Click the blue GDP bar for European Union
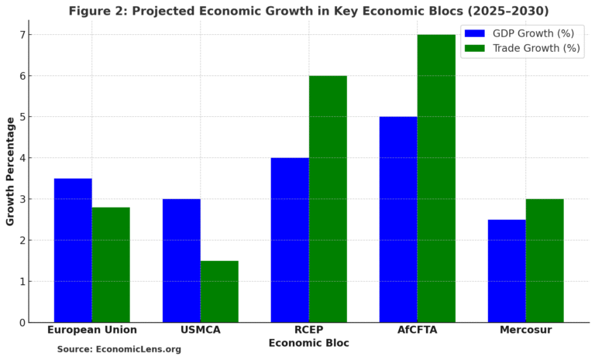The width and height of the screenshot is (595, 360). pyautogui.click(x=73, y=250)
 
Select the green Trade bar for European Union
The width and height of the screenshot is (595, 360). pyautogui.click(x=111, y=265)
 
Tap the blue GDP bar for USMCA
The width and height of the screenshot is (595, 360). pyautogui.click(x=181, y=260)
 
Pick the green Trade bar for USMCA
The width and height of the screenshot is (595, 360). pyautogui.click(x=219, y=291)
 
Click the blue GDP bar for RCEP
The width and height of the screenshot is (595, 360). pyautogui.click(x=290, y=240)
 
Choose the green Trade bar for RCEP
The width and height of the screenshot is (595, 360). pyautogui.click(x=328, y=199)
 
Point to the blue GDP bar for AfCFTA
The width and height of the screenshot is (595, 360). pyautogui.click(x=398, y=219)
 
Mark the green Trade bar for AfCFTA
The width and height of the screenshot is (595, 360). pyautogui.click(x=436, y=178)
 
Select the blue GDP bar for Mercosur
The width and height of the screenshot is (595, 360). pyautogui.click(x=507, y=271)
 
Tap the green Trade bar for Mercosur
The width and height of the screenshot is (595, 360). pyautogui.click(x=545, y=260)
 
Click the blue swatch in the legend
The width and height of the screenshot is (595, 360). pyautogui.click(x=474, y=33)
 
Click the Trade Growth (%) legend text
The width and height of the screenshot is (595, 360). pyautogui.click(x=536, y=48)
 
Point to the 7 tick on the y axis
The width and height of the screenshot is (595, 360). pyautogui.click(x=23, y=35)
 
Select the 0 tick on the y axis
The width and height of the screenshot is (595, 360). pyautogui.click(x=23, y=323)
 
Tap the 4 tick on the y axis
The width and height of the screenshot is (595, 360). pyautogui.click(x=23, y=158)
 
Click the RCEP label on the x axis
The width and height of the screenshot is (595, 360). pyautogui.click(x=308, y=330)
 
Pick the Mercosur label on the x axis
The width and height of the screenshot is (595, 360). pyautogui.click(x=525, y=330)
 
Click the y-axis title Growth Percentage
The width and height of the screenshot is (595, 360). pyautogui.click(x=10, y=171)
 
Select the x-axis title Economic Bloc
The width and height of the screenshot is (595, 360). pyautogui.click(x=308, y=343)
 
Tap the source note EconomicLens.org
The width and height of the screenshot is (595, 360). pyautogui.click(x=119, y=350)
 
